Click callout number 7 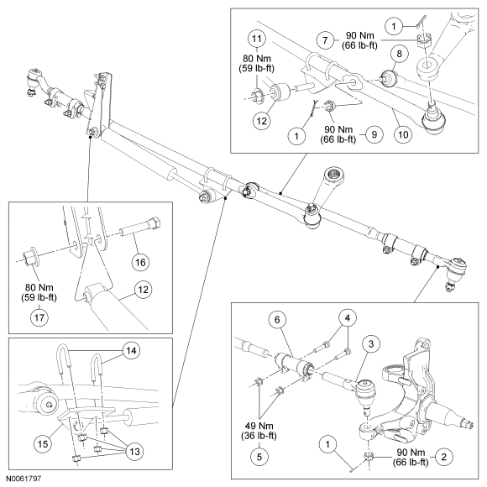(325, 40)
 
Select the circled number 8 (399, 54)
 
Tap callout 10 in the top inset (403, 135)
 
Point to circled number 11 (257, 39)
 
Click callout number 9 (374, 134)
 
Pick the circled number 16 (140, 263)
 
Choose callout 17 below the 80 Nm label (39, 317)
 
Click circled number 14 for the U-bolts (131, 351)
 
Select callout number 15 (43, 443)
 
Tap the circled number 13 (135, 451)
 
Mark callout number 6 (277, 320)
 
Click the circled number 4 (348, 317)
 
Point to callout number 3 (371, 343)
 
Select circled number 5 (259, 457)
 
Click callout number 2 (443, 457)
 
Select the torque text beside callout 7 (360, 40)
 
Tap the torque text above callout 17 (39, 292)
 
